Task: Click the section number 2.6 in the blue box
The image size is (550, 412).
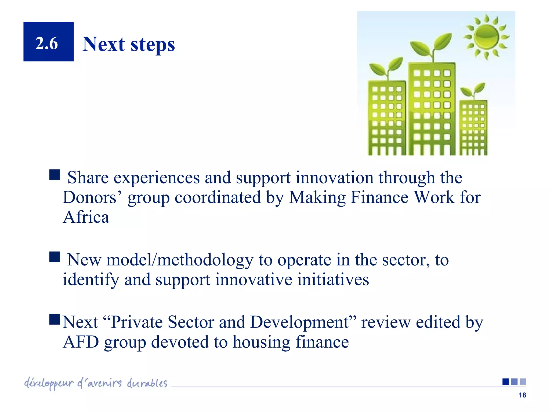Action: point(47,43)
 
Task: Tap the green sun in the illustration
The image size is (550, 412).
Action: point(486,37)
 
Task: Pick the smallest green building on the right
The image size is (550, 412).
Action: point(473,127)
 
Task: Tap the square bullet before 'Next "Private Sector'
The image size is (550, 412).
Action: point(55,319)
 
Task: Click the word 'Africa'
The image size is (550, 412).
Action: point(86,217)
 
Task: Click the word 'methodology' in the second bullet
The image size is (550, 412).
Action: point(205,260)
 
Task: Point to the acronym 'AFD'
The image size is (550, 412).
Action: point(81,342)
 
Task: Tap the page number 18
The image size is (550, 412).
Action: point(522,395)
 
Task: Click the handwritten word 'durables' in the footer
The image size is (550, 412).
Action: point(147,383)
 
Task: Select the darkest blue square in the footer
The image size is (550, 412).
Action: point(506,381)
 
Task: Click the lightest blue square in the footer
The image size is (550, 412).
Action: point(523,381)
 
